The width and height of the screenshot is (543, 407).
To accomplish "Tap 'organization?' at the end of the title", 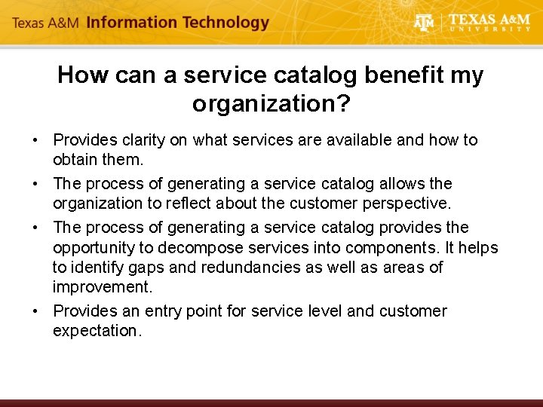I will click(271, 103).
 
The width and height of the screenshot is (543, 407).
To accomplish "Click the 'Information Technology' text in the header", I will click(177, 23).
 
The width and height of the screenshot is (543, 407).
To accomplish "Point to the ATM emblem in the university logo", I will click(425, 23).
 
